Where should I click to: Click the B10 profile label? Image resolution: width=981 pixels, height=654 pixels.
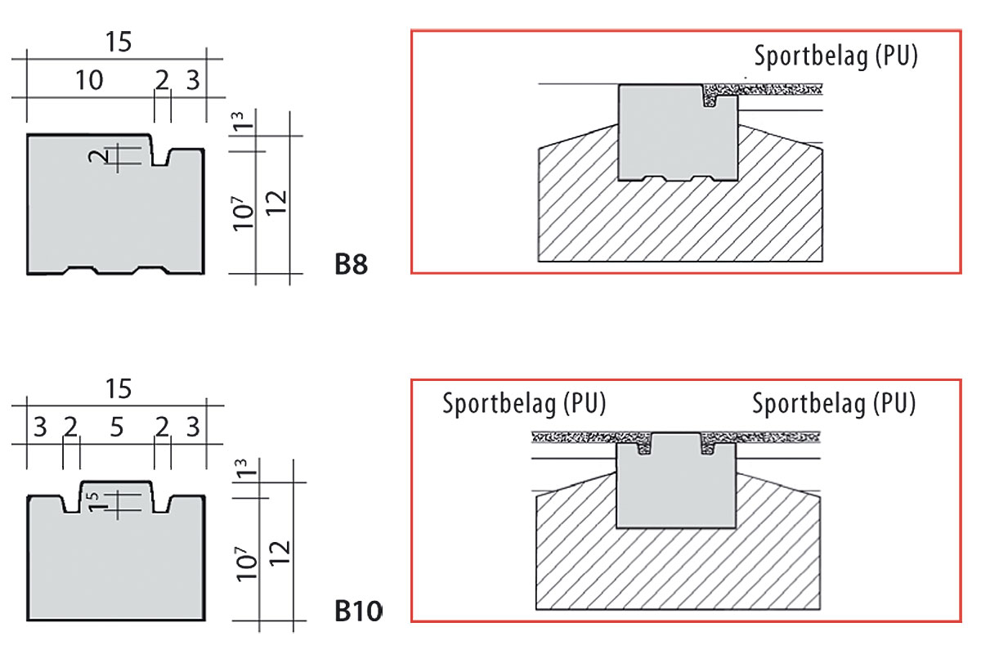coord(358,611)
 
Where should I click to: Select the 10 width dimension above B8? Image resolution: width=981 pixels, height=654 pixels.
coord(89,80)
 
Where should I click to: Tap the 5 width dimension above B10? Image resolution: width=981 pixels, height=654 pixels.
coord(116,427)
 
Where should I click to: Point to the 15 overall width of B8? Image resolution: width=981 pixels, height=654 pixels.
coord(118,42)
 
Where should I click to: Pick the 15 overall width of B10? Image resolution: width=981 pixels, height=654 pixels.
coord(118,388)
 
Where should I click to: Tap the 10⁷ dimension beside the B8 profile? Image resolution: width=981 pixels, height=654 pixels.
coord(241,215)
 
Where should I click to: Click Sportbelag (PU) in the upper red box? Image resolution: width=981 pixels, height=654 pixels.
coord(835,56)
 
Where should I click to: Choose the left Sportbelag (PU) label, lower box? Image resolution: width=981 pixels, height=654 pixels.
coord(524,404)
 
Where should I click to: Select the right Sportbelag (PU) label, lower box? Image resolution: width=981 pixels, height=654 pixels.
coord(834,404)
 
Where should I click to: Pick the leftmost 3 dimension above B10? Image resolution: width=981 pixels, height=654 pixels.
coord(41,427)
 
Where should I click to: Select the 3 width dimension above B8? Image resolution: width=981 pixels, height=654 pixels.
coord(192,80)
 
